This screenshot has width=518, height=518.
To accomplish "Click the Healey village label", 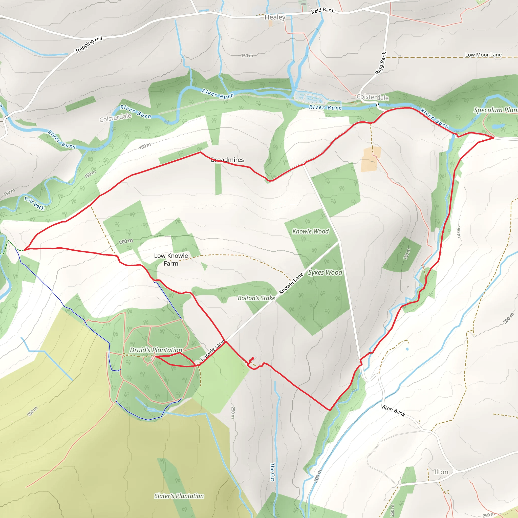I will [275, 17].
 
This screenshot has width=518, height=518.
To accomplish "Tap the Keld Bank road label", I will [322, 10].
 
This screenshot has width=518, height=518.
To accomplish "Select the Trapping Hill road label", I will [89, 45].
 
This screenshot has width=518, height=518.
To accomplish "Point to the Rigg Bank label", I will [381, 63].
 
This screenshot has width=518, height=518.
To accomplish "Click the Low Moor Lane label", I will [483, 55].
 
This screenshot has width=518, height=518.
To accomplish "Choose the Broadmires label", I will [227, 160].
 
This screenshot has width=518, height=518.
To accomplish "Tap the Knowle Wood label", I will [311, 231].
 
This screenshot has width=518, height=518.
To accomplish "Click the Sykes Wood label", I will [325, 272].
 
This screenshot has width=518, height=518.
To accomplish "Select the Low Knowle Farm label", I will [171, 260].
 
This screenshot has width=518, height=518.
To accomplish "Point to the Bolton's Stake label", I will [256, 298].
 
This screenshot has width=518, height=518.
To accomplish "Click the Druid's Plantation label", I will [156, 350].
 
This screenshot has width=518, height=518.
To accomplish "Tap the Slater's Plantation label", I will [179, 496].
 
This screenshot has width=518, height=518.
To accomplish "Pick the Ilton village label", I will [441, 472].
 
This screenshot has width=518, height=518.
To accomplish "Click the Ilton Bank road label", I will [393, 411].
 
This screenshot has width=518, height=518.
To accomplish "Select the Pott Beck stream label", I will [34, 203].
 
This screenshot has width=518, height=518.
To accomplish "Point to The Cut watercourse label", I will [272, 472].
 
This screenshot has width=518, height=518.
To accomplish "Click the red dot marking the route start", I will [253, 358].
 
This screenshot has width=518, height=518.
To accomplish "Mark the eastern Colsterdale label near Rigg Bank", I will [372, 97].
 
